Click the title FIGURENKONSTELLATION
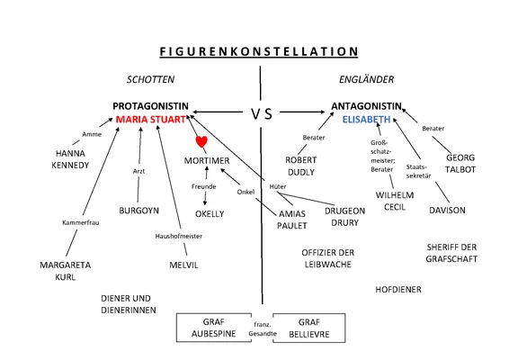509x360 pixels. click(x=258, y=51)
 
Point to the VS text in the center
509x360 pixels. click(x=261, y=113)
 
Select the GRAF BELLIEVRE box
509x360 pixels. click(x=308, y=328)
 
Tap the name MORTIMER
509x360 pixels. click(x=209, y=160)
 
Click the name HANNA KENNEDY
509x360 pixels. click(x=71, y=159)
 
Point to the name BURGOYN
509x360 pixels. click(x=138, y=210)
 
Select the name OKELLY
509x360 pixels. click(x=210, y=214)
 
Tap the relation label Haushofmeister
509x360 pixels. click(x=178, y=236)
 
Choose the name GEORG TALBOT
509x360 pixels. click(x=460, y=162)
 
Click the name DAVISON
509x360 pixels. click(x=446, y=210)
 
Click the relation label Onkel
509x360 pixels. click(x=246, y=192)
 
